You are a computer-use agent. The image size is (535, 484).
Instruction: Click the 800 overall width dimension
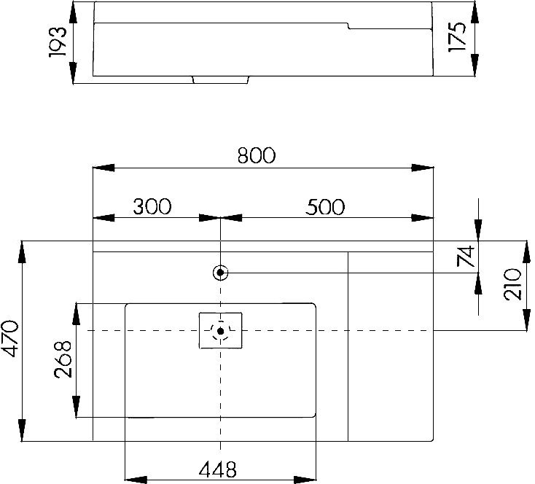coord(257,155)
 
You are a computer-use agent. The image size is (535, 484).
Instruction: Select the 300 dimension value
coord(152,206)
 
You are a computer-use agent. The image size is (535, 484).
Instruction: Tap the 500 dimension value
coord(325,207)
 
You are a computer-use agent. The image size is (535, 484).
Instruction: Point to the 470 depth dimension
coord(10,338)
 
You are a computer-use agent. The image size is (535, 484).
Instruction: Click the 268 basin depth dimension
coord(63,359)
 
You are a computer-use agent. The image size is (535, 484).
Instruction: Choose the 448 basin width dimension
coord(218,469)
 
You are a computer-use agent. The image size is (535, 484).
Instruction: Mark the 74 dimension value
coord(466,256)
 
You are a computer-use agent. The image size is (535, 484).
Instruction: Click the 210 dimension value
coord(513,284)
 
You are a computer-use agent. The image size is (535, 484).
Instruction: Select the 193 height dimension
coord(58,42)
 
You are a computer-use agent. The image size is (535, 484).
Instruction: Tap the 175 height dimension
coord(457,37)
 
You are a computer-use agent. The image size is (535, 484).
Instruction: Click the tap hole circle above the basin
coord(220,273)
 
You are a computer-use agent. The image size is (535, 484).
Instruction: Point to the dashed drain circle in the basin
coord(220,331)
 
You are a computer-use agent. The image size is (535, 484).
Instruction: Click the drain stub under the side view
coord(221,80)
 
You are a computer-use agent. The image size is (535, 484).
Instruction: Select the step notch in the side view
coord(348,26)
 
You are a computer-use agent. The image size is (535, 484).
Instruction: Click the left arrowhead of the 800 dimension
coord(104,168)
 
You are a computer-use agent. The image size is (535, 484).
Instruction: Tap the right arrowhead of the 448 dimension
coord(305,480)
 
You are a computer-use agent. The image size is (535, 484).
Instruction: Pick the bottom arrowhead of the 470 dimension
coord(22,430)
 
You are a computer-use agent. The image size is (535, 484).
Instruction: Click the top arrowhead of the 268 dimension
coord(77,314)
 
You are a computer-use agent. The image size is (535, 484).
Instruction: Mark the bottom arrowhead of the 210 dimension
coord(526,320)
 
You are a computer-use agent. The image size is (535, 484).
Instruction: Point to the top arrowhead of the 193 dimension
coord(73,12)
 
